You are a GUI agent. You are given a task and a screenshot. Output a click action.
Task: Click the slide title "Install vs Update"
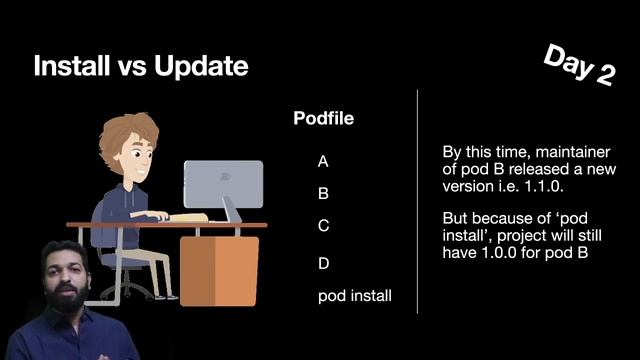[x=140, y=67]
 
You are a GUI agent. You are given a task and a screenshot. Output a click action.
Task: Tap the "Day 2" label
[x=578, y=65]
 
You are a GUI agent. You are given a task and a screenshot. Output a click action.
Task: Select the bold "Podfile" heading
[x=323, y=119]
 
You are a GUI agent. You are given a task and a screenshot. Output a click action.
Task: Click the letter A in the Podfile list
[x=323, y=160]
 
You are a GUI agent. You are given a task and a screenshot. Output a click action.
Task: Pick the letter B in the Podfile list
[x=323, y=193]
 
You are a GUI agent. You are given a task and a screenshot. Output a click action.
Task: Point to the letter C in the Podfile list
[x=323, y=226]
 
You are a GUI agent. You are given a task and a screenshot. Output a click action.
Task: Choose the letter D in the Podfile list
[x=323, y=263]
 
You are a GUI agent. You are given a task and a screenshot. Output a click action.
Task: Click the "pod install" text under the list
[x=355, y=296]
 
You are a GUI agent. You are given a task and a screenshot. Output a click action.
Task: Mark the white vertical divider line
[x=417, y=200]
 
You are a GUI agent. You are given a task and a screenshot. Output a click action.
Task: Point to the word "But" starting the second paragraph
[x=456, y=219]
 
